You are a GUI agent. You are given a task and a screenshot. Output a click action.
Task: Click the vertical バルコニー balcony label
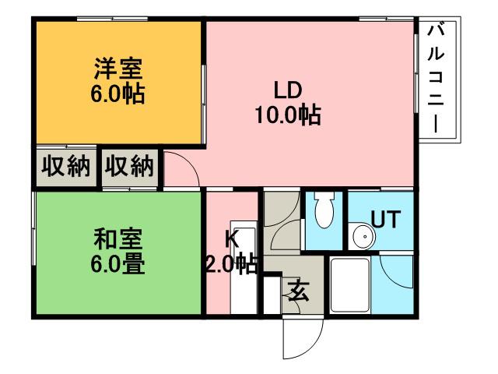coord(438,78)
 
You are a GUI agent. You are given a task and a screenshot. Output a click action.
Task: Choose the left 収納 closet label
coord(65,166)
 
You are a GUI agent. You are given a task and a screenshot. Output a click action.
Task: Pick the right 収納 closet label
coord(130,166)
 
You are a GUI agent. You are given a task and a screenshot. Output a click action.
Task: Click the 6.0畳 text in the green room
coord(118,263)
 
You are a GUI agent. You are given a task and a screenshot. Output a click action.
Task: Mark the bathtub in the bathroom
coord(349,284)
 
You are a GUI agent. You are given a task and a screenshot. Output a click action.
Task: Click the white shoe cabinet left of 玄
coord(272,295)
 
